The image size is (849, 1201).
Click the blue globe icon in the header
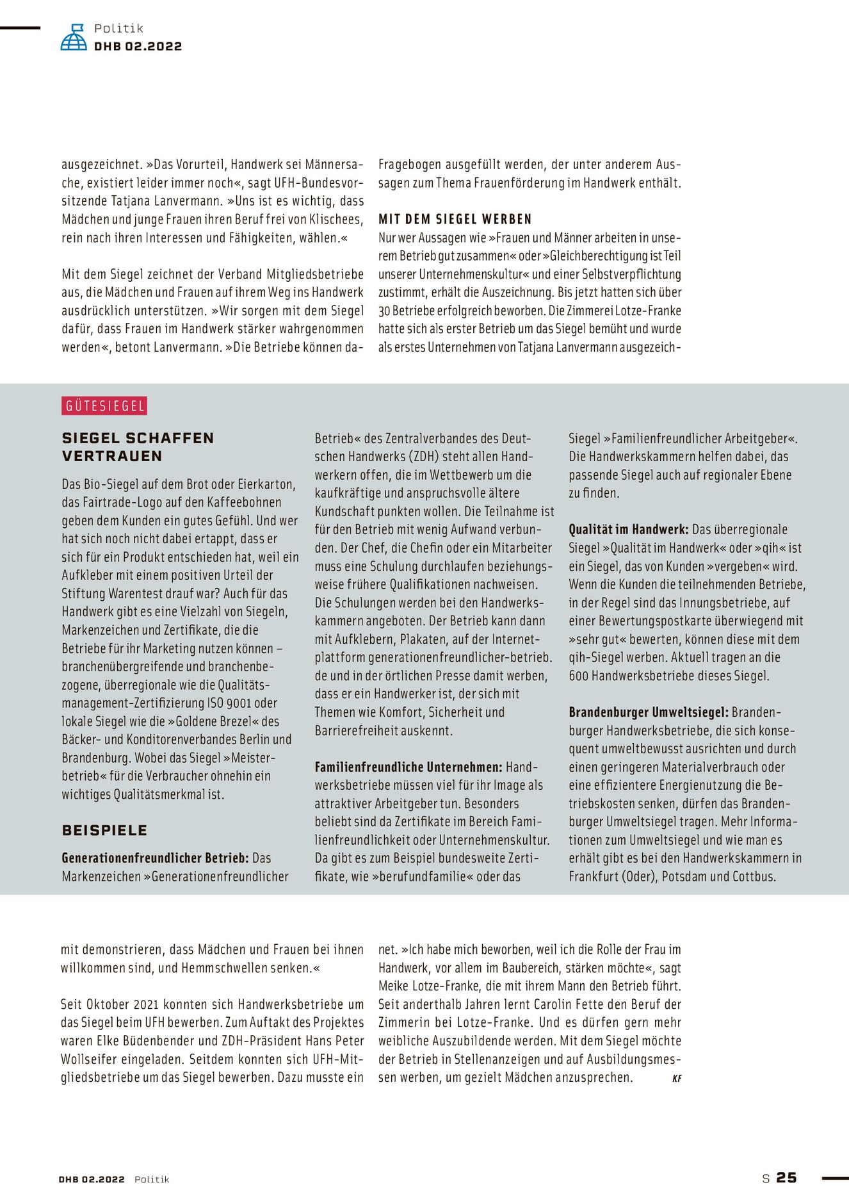coord(74,38)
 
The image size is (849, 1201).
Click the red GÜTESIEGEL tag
coord(105,406)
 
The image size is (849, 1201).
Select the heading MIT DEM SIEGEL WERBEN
coord(455,219)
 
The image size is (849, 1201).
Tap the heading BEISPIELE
coord(104,830)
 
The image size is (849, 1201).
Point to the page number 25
coord(786,1177)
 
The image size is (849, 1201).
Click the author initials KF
coord(677,1079)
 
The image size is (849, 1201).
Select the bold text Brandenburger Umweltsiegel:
coord(648,712)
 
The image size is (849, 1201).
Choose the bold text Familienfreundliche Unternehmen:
coord(408,767)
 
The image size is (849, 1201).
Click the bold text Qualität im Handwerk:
coord(628,530)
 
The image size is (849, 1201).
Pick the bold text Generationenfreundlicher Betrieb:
coord(155,858)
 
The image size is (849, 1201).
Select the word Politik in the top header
coord(118,28)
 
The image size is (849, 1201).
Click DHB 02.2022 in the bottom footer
coord(92,1179)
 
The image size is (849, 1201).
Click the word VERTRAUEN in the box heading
coord(112,456)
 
